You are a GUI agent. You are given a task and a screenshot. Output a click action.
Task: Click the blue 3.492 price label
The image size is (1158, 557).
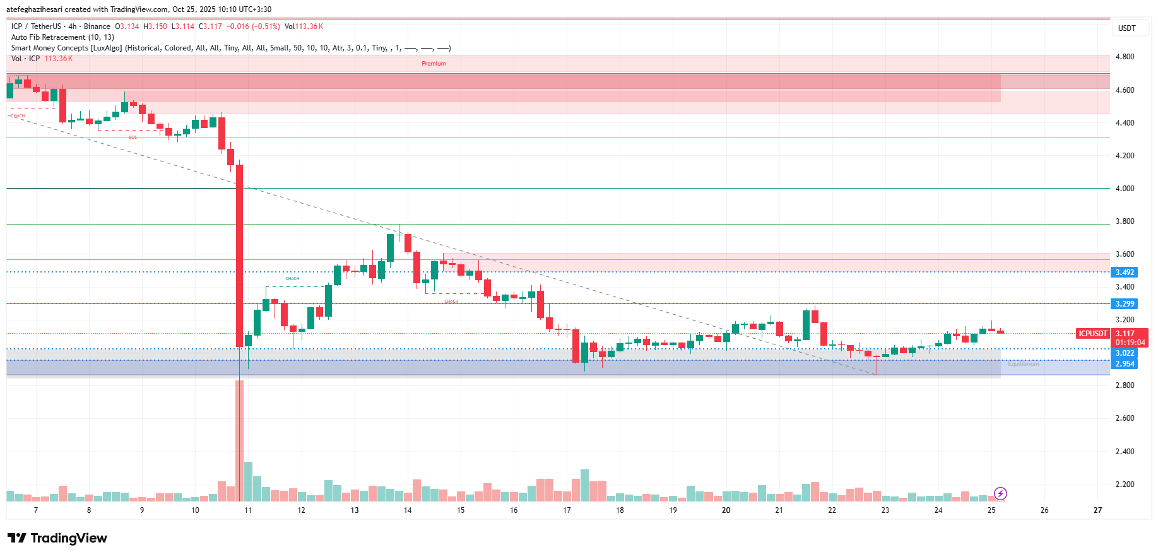[1124, 273]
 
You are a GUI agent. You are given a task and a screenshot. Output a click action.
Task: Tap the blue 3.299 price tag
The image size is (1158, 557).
[1124, 304]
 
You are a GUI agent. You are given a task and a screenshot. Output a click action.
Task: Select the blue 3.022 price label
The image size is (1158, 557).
[1124, 353]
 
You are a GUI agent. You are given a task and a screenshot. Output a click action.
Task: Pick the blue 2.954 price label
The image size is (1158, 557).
[1124, 364]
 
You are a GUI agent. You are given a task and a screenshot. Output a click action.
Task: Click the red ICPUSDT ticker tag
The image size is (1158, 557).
[1092, 334]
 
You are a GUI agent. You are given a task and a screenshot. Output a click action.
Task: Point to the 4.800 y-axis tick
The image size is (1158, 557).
[1125, 57]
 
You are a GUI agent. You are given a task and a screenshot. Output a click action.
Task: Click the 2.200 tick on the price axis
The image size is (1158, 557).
[1125, 484]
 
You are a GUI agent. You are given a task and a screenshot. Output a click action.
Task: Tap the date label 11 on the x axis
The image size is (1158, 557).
[248, 510]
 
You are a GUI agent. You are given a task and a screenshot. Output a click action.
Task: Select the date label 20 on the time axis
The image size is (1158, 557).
[726, 510]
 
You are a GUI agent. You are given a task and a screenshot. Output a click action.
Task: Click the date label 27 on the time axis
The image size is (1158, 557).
[1097, 510]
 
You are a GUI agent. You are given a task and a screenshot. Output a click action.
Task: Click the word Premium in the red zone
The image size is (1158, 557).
[434, 64]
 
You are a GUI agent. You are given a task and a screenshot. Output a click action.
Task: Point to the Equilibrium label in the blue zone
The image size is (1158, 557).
[1023, 364]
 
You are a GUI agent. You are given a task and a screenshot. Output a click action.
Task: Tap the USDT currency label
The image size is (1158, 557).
[1126, 28]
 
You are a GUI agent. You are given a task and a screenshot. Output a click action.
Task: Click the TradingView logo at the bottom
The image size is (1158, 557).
[57, 538]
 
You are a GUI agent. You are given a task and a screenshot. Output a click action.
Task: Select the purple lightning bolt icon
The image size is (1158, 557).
[1000, 493]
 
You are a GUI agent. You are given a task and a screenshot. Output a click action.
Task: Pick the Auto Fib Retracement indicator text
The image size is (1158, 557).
[62, 37]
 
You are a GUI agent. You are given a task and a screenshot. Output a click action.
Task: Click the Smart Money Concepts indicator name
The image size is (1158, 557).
[66, 48]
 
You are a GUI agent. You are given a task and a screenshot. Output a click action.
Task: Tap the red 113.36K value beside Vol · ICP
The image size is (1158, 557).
[59, 59]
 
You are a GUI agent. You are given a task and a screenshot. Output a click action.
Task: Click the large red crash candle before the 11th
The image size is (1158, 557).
[239, 255]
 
